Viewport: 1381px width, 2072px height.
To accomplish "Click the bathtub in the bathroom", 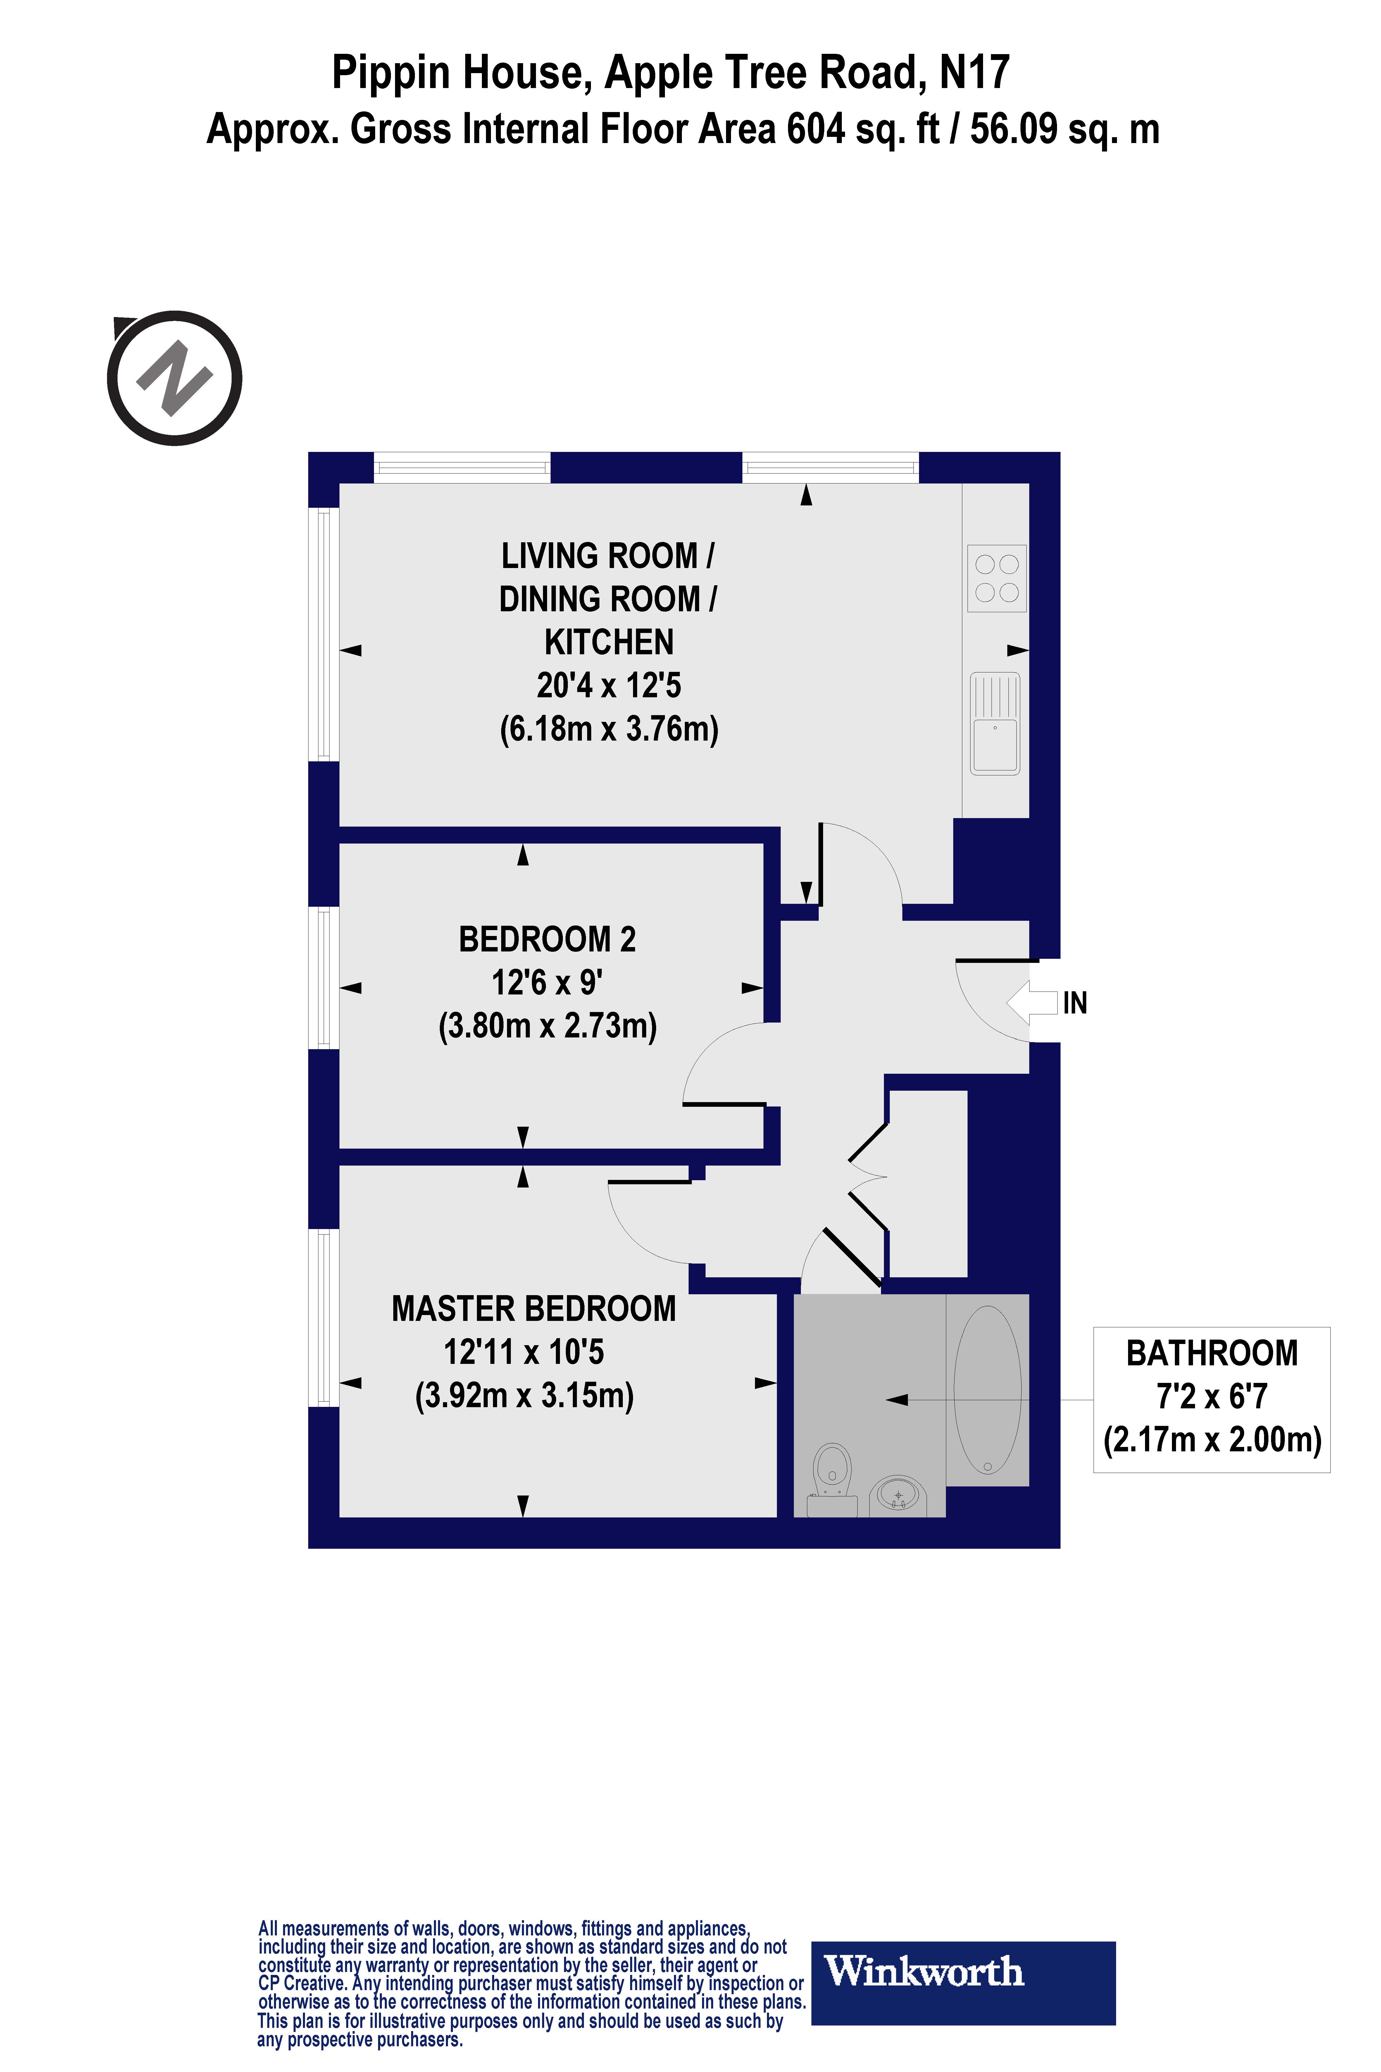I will click(987, 1389).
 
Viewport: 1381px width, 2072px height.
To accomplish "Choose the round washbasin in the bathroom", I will click(897, 1495).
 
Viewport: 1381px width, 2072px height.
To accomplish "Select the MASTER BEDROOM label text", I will click(534, 1309).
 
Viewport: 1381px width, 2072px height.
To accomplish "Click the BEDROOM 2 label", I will click(547, 939).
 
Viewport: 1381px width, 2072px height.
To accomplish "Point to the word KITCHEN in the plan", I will click(608, 642).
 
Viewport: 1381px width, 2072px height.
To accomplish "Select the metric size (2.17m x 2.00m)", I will click(1212, 1439).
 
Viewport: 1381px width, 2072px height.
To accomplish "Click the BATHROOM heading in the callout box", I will click(1212, 1353).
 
